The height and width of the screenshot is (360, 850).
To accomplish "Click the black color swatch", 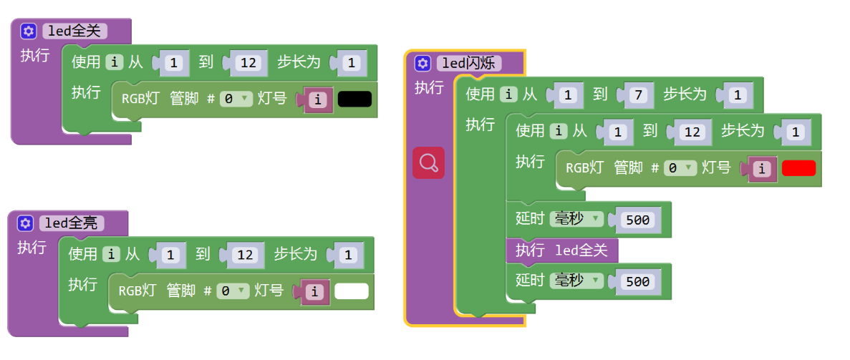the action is coord(354,99).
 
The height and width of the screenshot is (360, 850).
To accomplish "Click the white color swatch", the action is coord(352,291).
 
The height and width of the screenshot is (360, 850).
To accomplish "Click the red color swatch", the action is coord(798,168).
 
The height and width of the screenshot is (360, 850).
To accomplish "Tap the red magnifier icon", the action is coord(428,162).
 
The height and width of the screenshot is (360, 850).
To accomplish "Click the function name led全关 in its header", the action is coord(74,31).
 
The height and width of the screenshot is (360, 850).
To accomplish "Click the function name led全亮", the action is coord(72,223).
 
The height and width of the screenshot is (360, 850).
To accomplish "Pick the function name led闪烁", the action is coord(469,64).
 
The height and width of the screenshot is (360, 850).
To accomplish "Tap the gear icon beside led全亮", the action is coord(25,223).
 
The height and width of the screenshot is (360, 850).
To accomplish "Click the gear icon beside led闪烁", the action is coord(422,64).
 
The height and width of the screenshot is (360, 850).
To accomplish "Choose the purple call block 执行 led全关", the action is coord(561,250).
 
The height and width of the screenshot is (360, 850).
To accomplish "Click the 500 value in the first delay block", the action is coord(637,220).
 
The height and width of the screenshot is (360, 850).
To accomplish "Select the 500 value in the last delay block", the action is coord(637,281).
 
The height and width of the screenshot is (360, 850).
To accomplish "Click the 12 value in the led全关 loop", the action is coord(248,63).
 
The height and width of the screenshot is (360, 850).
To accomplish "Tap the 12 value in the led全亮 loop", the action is coord(244,255).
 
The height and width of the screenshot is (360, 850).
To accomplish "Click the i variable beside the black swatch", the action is coord(318,99).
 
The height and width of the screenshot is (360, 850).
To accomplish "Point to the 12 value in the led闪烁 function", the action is coord(691,132).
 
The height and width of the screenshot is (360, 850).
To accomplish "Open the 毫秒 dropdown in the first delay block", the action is coord(576,220).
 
